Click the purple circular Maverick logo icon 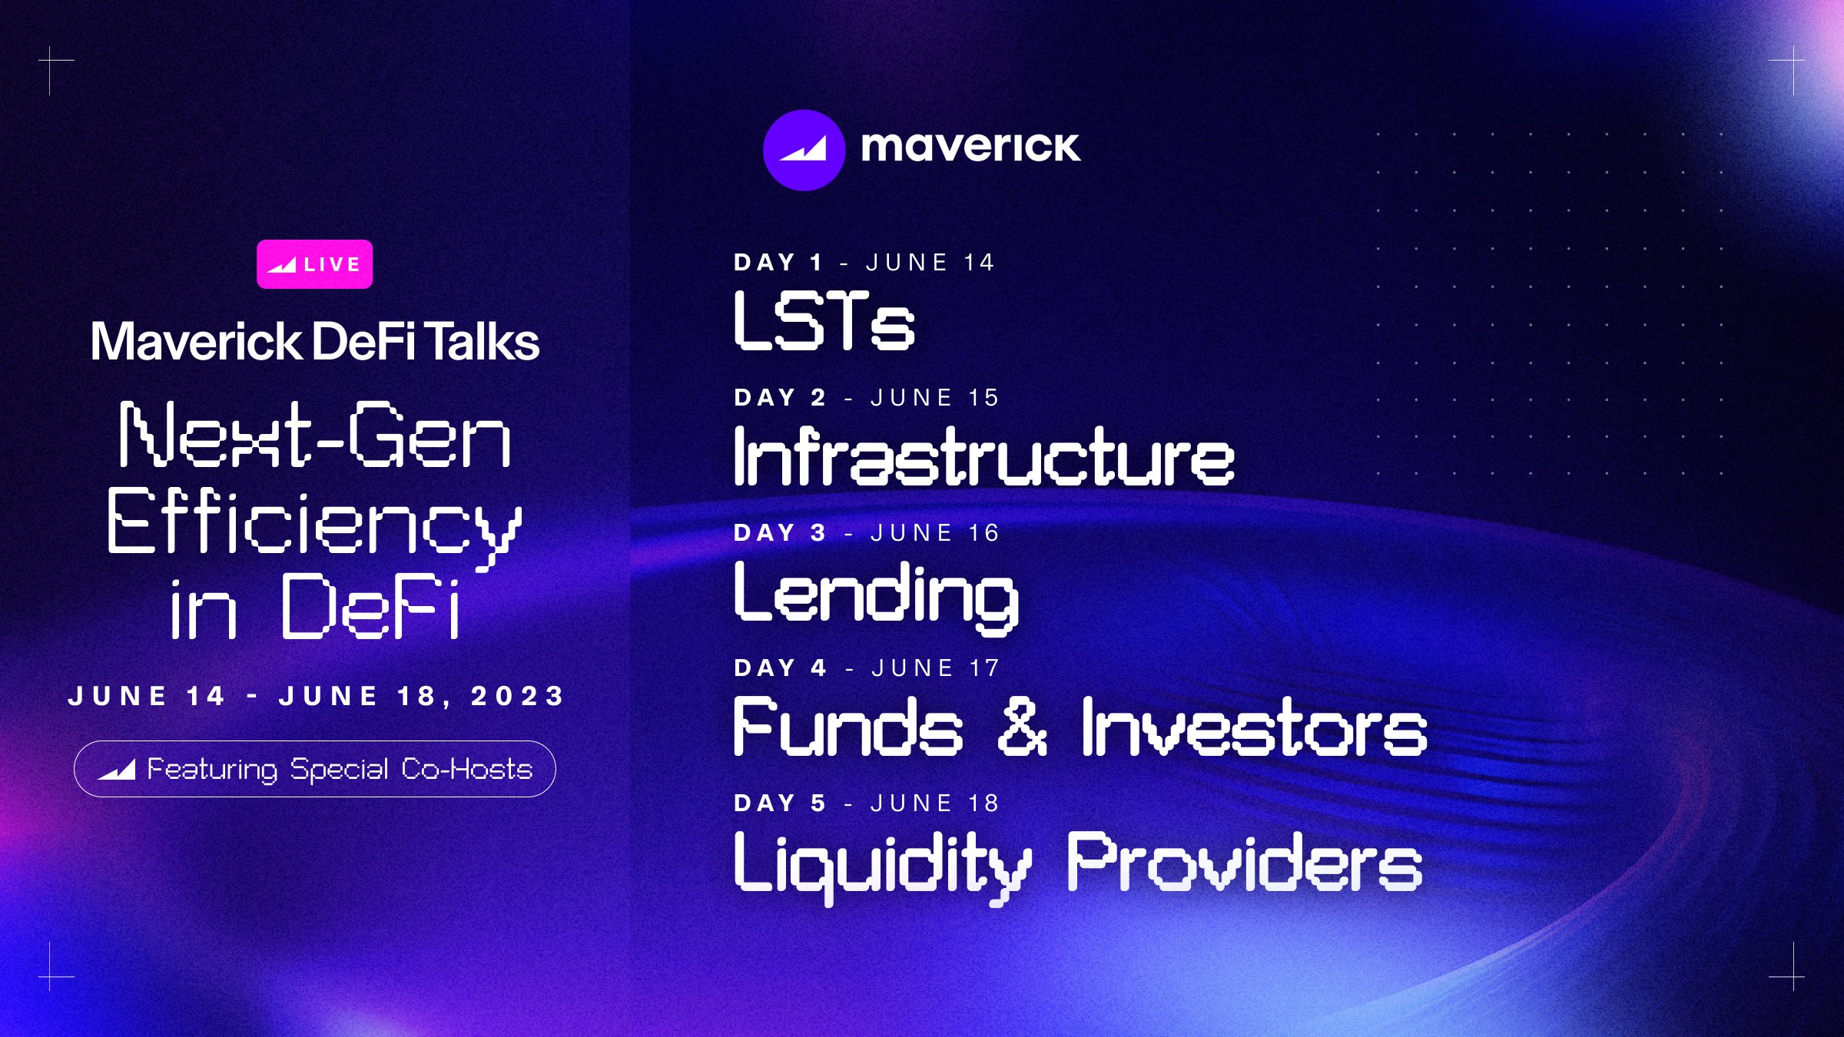804,150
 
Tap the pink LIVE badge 314,264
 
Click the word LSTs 824,321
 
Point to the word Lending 877,594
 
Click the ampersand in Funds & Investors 1023,727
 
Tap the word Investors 1254,727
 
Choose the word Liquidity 882,864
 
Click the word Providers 1245,862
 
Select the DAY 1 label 778,263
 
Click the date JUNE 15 935,398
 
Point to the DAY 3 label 780,533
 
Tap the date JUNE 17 936,668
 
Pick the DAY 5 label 780,803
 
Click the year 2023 518,696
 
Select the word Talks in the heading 483,342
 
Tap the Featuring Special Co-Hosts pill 314,769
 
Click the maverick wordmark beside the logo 970,147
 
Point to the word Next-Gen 314,436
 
